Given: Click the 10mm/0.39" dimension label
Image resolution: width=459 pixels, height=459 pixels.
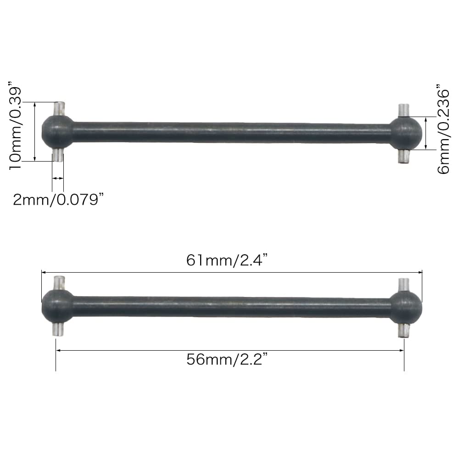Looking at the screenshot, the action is coord(15,126).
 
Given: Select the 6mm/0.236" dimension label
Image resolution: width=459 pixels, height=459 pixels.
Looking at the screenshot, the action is coord(443,129).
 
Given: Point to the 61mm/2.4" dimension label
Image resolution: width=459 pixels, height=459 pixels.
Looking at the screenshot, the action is coord(227,260).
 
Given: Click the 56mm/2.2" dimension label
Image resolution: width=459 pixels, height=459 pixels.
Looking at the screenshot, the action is coord(227,359).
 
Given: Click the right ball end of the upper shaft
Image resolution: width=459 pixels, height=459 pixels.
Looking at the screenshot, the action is coord(406,134).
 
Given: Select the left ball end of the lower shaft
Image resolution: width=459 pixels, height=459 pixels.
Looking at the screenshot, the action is coord(58,306).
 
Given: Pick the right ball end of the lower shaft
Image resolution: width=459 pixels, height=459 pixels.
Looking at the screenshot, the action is coord(406,308).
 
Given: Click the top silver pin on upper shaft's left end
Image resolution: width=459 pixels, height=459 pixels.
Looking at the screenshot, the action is coord(59,109).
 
